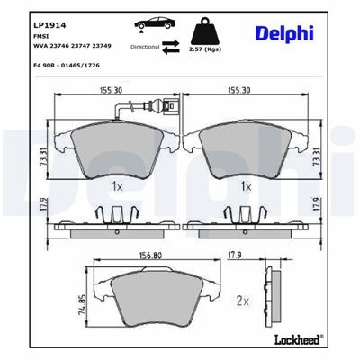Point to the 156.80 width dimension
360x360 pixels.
point(152,254)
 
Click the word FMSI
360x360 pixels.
point(40,30)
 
